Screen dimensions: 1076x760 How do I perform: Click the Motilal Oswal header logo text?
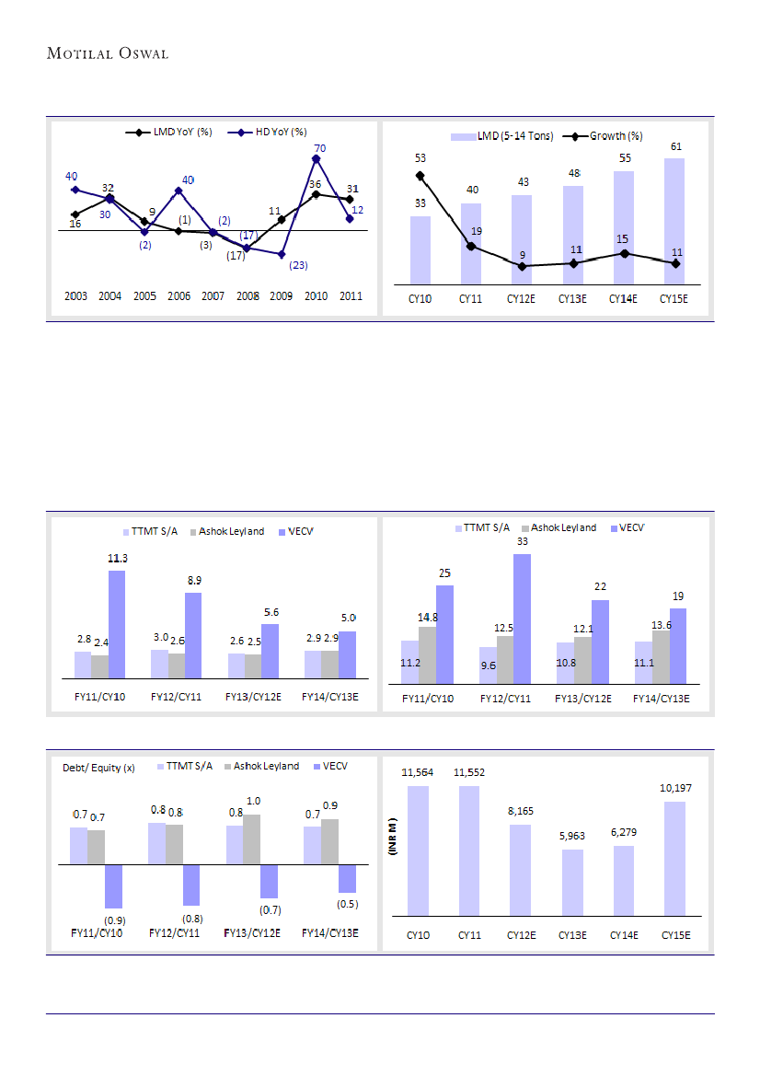coord(108,53)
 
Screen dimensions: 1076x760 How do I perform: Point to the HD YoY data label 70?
coord(319,147)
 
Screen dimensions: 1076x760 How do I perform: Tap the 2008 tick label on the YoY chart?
coord(248,296)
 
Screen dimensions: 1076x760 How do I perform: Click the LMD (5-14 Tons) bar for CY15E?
coord(674,221)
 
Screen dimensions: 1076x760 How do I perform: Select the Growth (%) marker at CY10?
coord(420,175)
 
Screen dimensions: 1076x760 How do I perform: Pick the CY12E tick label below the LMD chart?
coord(522,298)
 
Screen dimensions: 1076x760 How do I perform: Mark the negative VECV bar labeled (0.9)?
coord(114,886)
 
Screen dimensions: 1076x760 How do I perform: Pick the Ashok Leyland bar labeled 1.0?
coord(252,839)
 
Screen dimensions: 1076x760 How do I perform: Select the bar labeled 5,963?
coord(571,883)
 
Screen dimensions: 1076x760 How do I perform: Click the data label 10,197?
coord(674,788)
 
